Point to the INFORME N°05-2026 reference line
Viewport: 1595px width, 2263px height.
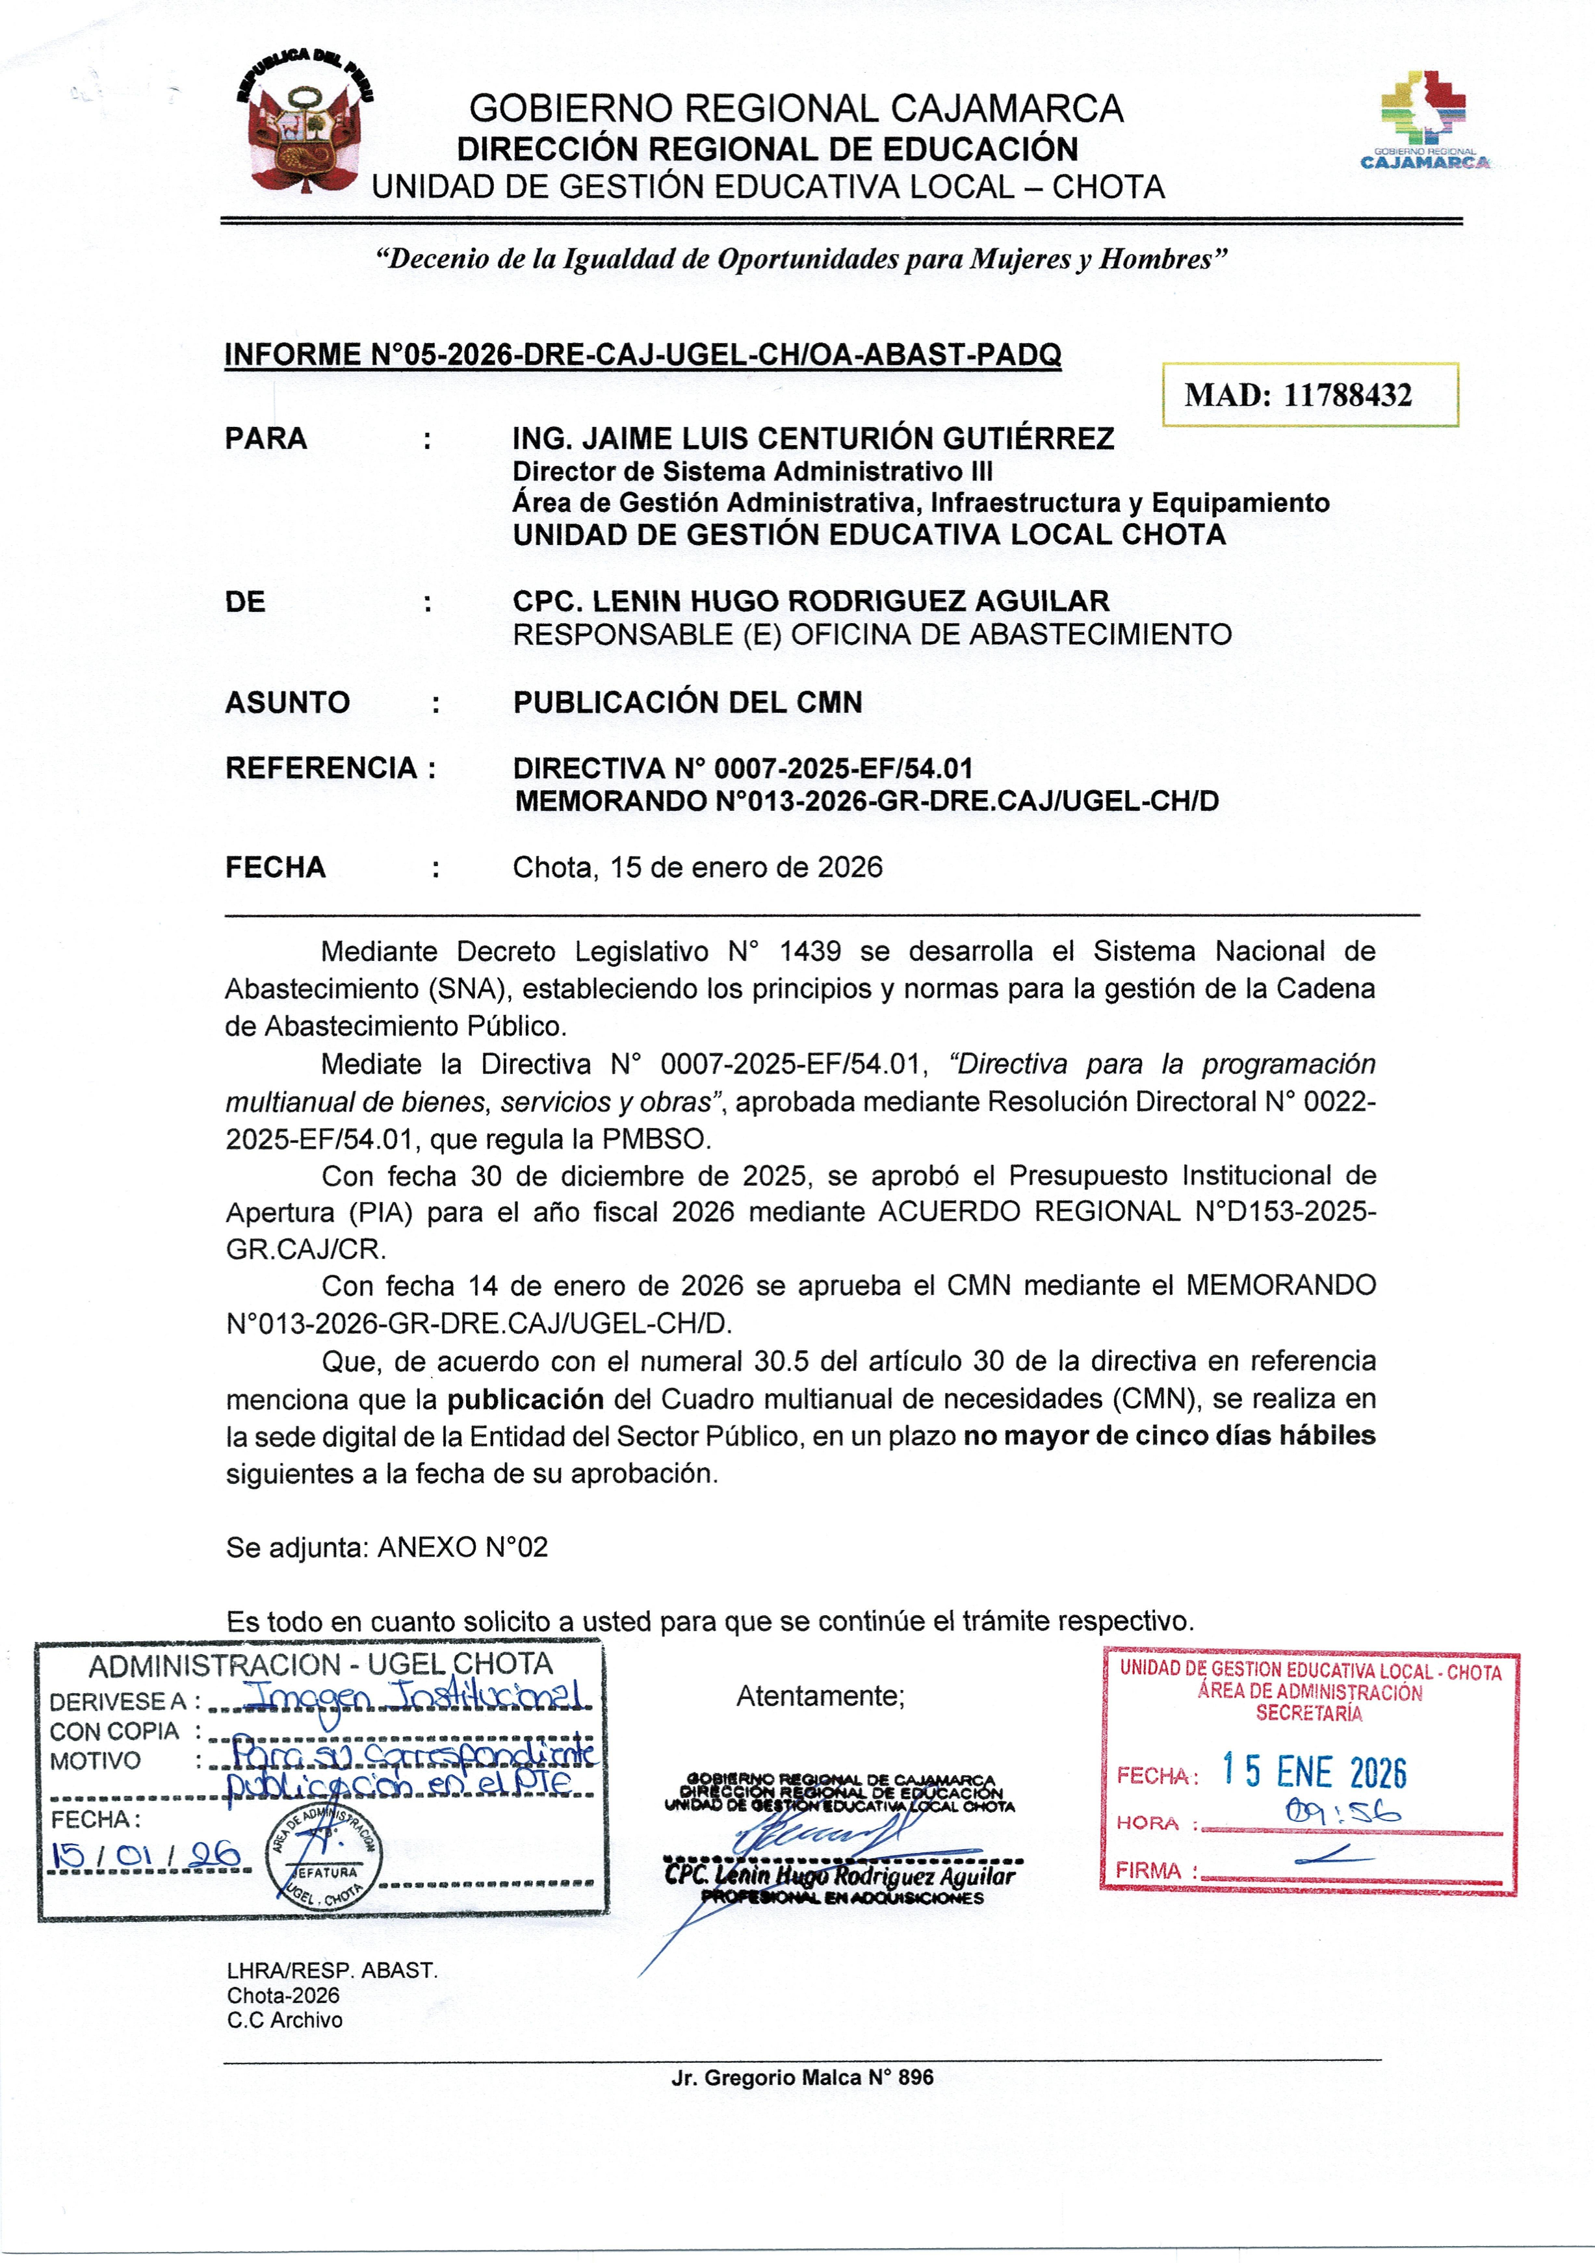point(643,355)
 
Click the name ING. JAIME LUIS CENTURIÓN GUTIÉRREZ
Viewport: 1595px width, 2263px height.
point(813,439)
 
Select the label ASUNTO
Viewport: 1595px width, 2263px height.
point(287,703)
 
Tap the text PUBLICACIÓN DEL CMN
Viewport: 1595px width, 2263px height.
point(687,703)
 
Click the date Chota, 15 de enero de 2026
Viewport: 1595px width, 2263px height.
point(697,867)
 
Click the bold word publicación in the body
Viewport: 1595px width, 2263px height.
point(525,1399)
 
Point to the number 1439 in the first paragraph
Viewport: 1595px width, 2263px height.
point(810,951)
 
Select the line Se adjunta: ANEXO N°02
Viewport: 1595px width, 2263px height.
point(387,1546)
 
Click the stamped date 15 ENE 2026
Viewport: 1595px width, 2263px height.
point(1314,1772)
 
